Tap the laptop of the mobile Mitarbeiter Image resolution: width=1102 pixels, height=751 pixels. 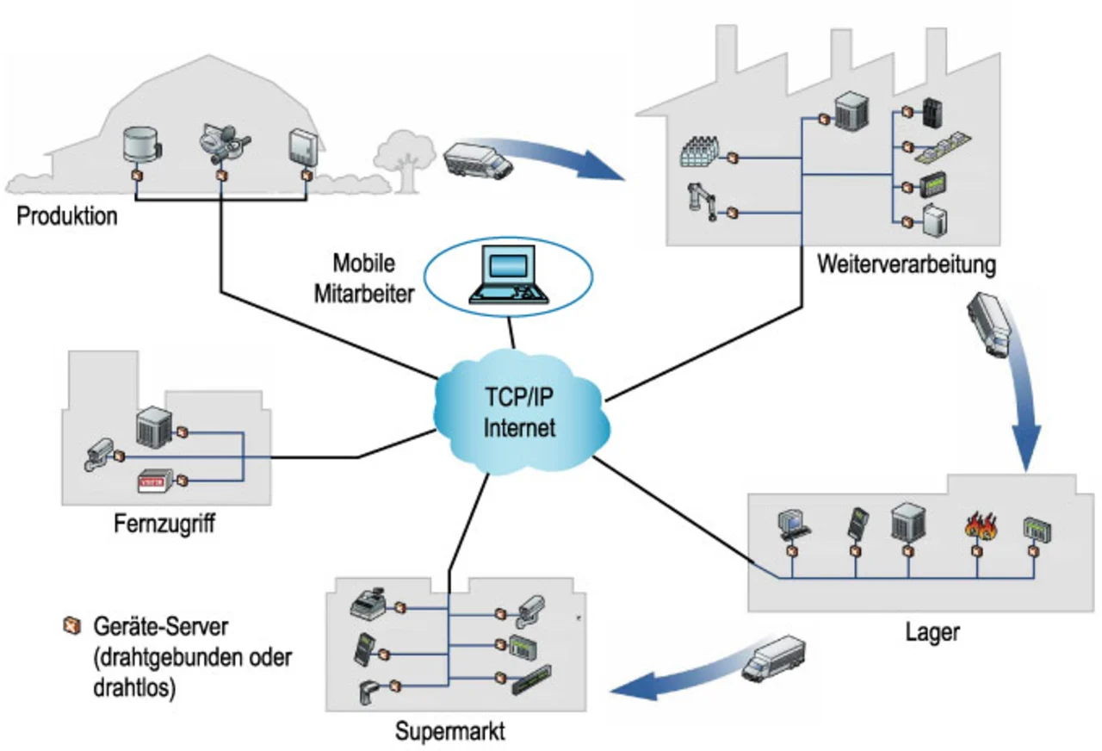[x=507, y=276]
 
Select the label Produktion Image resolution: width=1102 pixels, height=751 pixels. [x=67, y=215]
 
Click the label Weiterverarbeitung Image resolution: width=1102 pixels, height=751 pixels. [x=907, y=264]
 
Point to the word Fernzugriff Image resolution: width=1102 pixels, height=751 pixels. [x=164, y=523]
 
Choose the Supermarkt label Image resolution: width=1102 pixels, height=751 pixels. [x=450, y=732]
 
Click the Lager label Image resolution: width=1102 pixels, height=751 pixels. [x=932, y=633]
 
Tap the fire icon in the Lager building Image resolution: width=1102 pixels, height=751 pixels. [x=976, y=525]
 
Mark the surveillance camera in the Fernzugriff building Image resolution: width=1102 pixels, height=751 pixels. [x=100, y=455]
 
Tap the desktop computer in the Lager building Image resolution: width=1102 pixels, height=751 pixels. [x=790, y=523]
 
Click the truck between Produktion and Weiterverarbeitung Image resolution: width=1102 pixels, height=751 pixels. [x=478, y=161]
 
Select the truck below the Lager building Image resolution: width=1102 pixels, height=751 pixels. [x=774, y=658]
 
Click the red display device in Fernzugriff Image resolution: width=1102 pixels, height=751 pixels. [x=157, y=481]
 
